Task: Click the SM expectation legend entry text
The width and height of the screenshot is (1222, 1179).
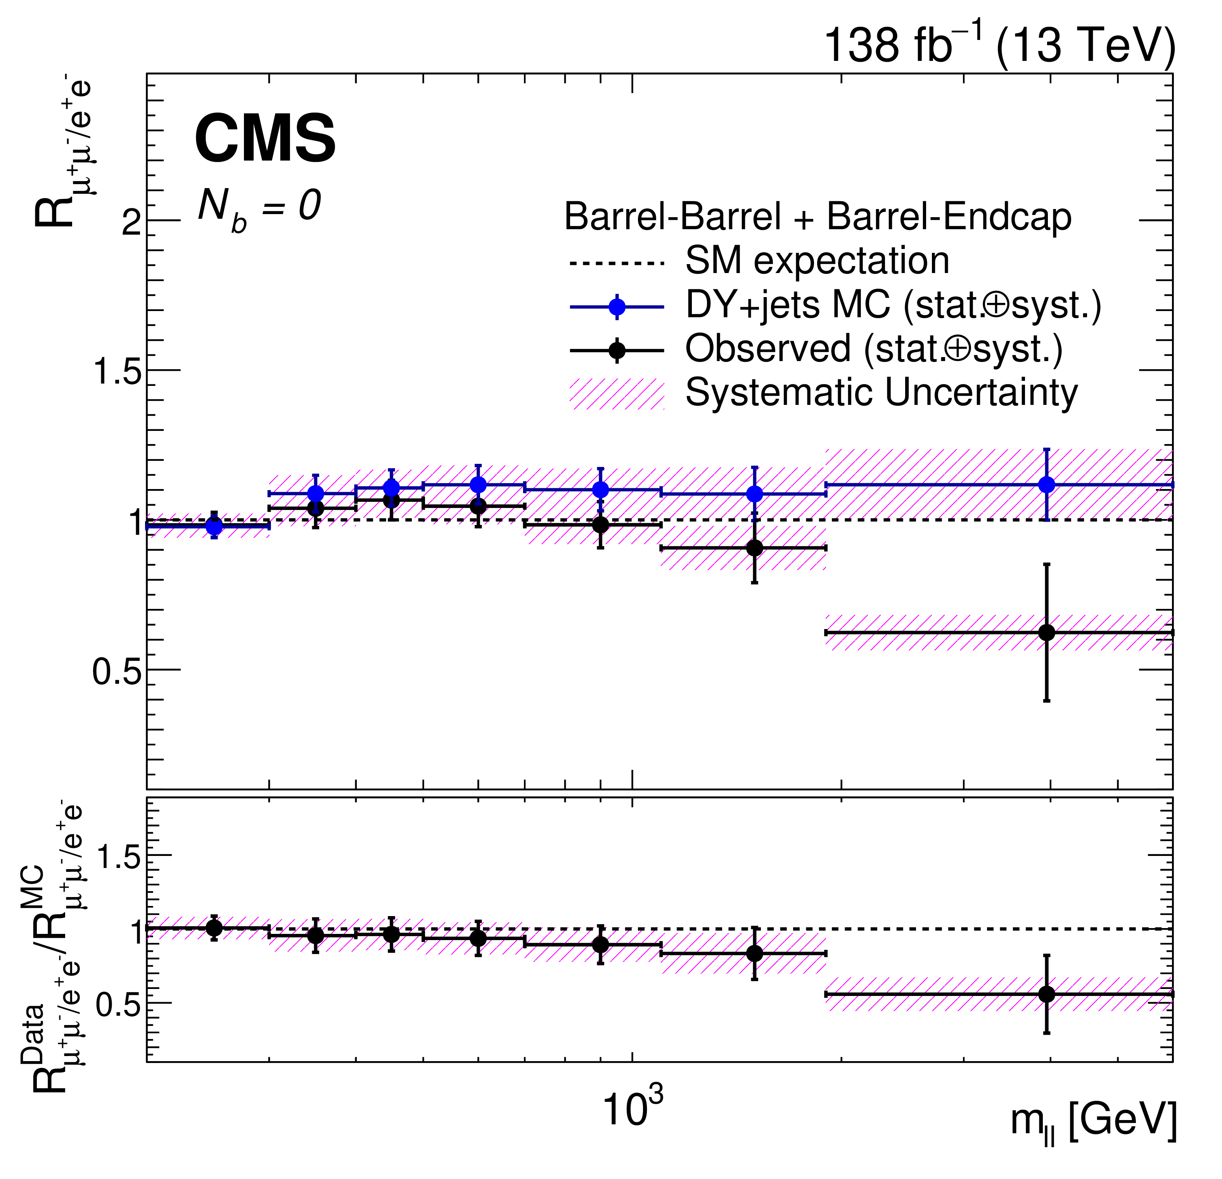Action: [x=817, y=261]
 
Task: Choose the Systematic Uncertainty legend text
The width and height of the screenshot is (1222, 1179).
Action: [x=881, y=393]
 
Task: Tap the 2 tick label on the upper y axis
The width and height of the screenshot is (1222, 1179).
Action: [x=131, y=221]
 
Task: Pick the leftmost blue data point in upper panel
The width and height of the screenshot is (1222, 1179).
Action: [x=214, y=527]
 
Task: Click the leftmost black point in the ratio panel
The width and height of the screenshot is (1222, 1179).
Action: [x=214, y=928]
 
